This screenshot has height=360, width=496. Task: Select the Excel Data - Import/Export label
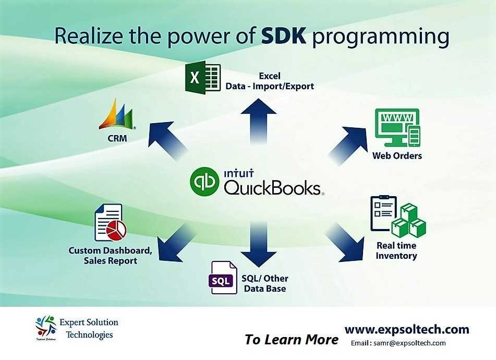pyautogui.click(x=270, y=81)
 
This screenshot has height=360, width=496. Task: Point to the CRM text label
pyautogui.click(x=116, y=139)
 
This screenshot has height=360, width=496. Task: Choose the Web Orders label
pyautogui.click(x=397, y=155)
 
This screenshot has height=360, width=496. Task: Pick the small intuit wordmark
pyautogui.click(x=238, y=171)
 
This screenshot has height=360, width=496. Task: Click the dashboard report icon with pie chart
pyautogui.click(x=110, y=223)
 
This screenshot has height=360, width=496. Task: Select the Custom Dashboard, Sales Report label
pyautogui.click(x=110, y=256)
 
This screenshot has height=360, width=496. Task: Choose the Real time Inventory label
pyautogui.click(x=396, y=250)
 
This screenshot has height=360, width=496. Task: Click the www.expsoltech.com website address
pyautogui.click(x=407, y=329)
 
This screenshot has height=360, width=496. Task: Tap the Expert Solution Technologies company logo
pyautogui.click(x=45, y=327)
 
